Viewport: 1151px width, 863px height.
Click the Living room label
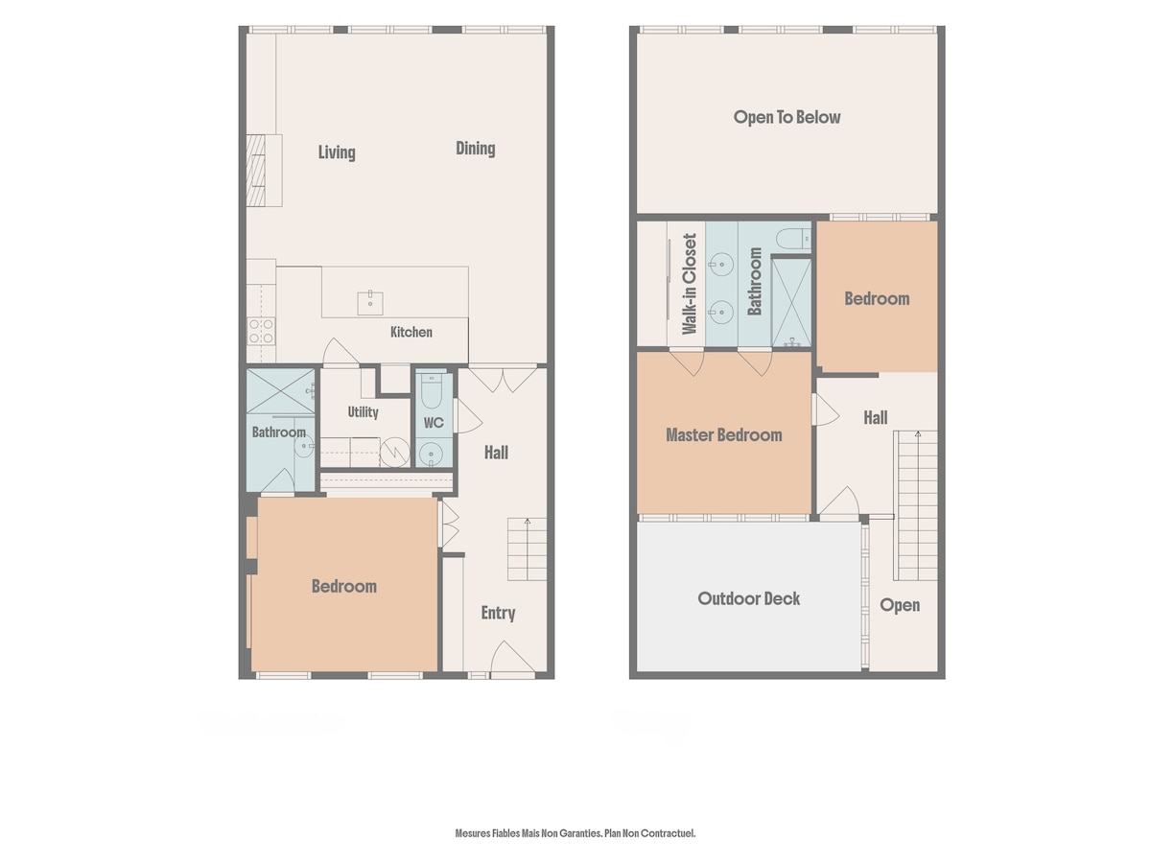336,152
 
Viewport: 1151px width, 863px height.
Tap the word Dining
475,149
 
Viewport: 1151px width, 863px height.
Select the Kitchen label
411,332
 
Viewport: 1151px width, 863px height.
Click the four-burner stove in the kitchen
261,331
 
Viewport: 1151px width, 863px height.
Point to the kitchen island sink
370,303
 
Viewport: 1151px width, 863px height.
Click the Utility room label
363,412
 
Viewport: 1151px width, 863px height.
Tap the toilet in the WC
434,391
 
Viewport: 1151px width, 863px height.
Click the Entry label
498,613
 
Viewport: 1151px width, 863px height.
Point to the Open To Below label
787,117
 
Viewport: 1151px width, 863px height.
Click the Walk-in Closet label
689,284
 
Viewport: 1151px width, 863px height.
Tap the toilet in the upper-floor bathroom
793,239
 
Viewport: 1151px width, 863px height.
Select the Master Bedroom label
723,435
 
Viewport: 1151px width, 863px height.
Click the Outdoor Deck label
749,598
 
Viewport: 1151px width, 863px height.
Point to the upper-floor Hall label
876,418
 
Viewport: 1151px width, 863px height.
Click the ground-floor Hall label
496,453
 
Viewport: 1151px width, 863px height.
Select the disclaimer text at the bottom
575,832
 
